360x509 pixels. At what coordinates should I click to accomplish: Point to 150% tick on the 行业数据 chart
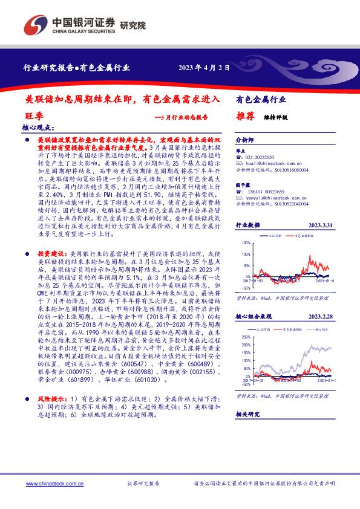point(245,243)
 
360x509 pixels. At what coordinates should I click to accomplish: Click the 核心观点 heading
point(38,128)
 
